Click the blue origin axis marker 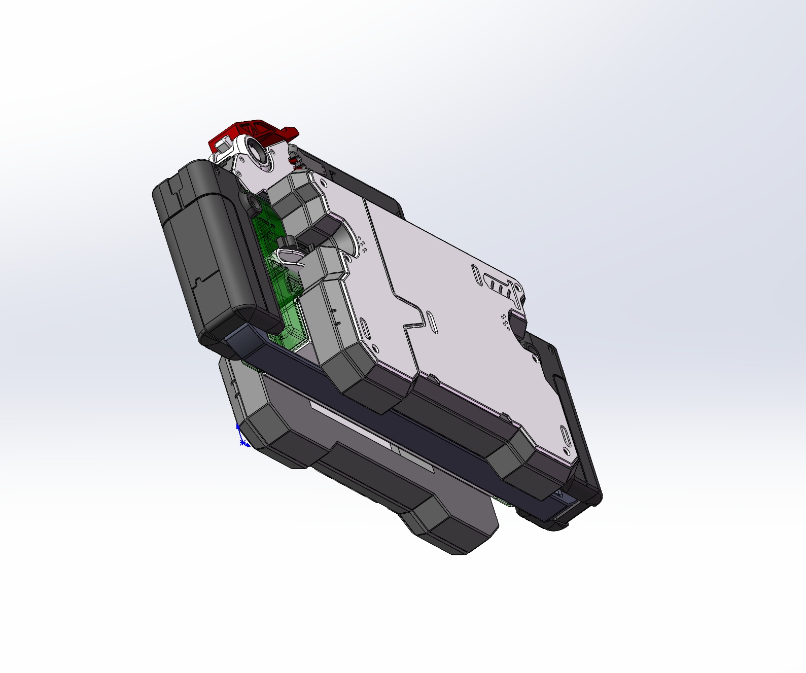pyautogui.click(x=241, y=439)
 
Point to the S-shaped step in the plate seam pyautogui.click(x=413, y=320)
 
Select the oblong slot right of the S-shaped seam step pyautogui.click(x=431, y=323)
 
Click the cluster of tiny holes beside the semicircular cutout pyautogui.click(x=363, y=244)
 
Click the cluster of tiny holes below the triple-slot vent pyautogui.click(x=505, y=320)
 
